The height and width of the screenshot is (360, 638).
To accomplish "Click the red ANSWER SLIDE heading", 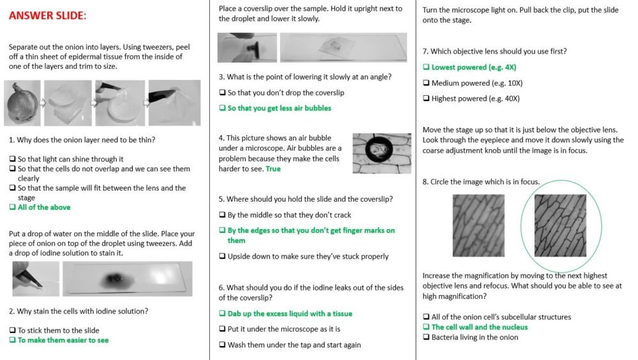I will (x=47, y=15).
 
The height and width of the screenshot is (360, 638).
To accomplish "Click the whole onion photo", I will (x=22, y=103).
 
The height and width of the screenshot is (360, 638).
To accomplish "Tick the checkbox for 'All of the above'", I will (x=13, y=207).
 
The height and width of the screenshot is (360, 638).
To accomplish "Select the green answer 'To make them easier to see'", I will (x=63, y=340).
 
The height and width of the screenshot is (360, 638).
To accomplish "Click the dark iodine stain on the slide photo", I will (x=115, y=278).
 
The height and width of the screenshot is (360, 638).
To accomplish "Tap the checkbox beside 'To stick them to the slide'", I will (x=13, y=330).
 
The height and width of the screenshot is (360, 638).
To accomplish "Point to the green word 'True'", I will (x=272, y=169).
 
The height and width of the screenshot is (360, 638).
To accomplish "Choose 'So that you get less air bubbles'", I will (x=279, y=109).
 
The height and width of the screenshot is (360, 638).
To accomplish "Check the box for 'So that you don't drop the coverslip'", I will (x=222, y=93).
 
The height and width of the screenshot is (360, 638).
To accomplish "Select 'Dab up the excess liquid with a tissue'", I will (x=290, y=313).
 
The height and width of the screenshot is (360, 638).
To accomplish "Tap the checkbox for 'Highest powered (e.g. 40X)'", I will (x=426, y=98).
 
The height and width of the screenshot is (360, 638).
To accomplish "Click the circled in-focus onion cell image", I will (x=560, y=225).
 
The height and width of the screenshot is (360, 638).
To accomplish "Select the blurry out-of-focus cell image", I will (x=478, y=225).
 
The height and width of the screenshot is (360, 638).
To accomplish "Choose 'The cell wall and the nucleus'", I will (x=479, y=327).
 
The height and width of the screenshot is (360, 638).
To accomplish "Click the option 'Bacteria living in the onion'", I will (x=475, y=337).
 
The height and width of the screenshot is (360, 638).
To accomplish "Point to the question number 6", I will (x=221, y=288).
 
